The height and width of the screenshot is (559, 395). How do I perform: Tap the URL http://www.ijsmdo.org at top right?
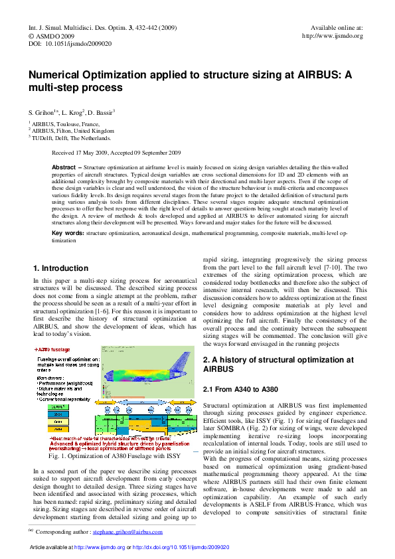(332, 36)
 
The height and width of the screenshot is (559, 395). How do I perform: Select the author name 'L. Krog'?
(74, 112)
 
